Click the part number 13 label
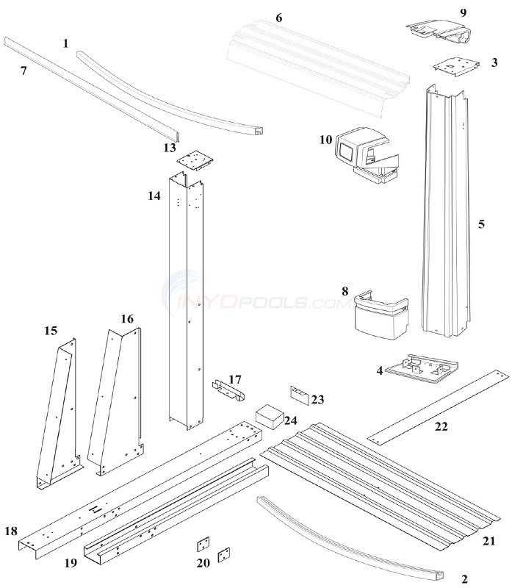[x=170, y=148]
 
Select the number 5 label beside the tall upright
[x=481, y=223]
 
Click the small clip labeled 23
[x=301, y=395]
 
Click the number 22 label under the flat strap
[x=441, y=426]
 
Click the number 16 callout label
[x=128, y=318]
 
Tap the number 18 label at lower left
[x=11, y=531]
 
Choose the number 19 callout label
[x=71, y=564]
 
